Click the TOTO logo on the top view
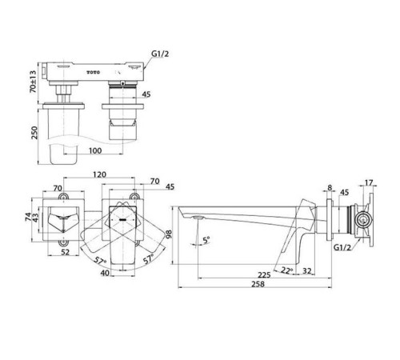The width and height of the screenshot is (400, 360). point(94,72)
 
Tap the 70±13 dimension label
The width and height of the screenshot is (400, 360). point(33,82)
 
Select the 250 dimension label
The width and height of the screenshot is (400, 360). point(34,133)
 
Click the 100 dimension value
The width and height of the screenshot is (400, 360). point(95,150)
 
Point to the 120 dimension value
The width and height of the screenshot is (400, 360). point(99,174)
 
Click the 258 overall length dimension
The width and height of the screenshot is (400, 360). point(258,284)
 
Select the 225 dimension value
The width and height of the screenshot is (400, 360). point(264,274)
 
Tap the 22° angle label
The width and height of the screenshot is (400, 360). point(286,270)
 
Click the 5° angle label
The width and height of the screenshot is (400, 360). point(206,240)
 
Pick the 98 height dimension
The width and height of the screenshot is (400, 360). point(169,234)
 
